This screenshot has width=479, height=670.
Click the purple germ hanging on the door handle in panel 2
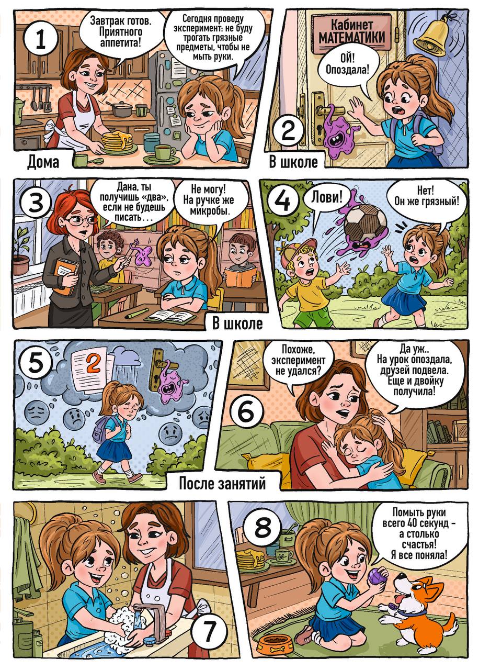point(340,134)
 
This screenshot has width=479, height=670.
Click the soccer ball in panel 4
point(364,221)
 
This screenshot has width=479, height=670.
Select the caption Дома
point(43,162)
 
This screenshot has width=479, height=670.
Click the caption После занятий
point(222,483)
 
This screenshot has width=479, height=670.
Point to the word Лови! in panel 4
point(327,197)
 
